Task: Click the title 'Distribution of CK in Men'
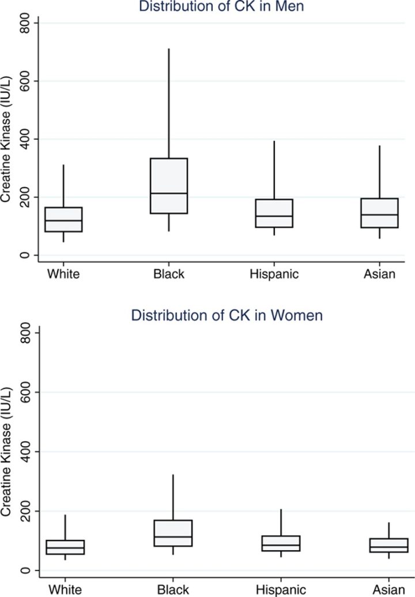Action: pyautogui.click(x=222, y=8)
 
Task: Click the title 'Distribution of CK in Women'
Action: pyautogui.click(x=227, y=315)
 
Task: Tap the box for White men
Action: pyautogui.click(x=63, y=219)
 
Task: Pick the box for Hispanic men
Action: pyautogui.click(x=274, y=213)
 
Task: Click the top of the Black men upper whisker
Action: pyautogui.click(x=169, y=49)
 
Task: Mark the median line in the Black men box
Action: pyautogui.click(x=169, y=193)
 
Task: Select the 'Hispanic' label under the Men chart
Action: pyautogui.click(x=274, y=274)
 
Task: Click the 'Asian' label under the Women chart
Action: pyautogui.click(x=387, y=589)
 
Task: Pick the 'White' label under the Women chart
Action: pyautogui.click(x=65, y=589)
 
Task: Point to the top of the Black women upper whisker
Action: pyautogui.click(x=173, y=475)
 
